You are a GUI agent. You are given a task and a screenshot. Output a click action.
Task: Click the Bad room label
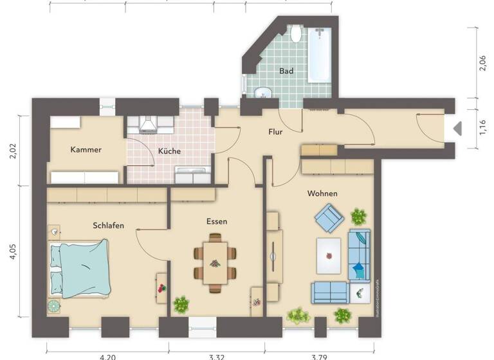[286, 71]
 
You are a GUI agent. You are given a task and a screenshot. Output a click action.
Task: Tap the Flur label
[275, 132]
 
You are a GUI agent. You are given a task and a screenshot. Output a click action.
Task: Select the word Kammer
[86, 150]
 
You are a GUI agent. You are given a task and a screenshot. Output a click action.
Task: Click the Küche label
[169, 152]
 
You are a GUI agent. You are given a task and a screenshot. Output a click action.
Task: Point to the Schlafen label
[108, 225]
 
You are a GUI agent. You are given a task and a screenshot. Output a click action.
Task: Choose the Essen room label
[217, 221]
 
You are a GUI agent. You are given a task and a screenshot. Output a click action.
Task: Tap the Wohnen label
[322, 194]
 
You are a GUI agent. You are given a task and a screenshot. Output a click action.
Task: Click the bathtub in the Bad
[319, 54]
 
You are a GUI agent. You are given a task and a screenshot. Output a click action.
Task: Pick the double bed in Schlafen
[79, 267]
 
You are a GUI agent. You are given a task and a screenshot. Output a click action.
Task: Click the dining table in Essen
[215, 262]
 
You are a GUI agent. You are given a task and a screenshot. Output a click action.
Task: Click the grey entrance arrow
[457, 129]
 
